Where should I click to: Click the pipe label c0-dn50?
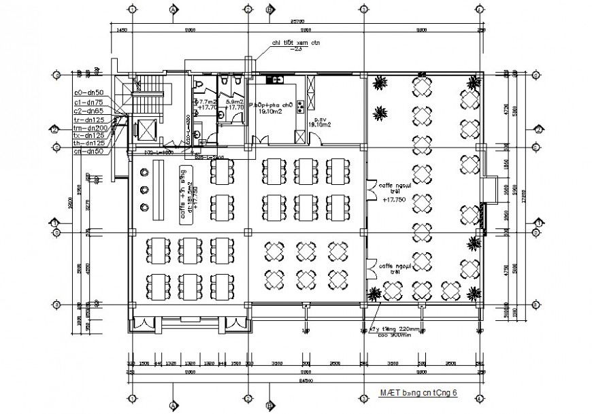click(88, 92)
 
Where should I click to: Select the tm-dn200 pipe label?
click(90, 127)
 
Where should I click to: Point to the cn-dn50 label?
click(88, 151)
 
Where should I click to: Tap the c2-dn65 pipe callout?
click(88, 110)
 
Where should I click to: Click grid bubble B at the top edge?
click(270, 10)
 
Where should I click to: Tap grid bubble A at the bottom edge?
click(174, 405)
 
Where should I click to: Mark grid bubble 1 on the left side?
click(54, 222)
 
